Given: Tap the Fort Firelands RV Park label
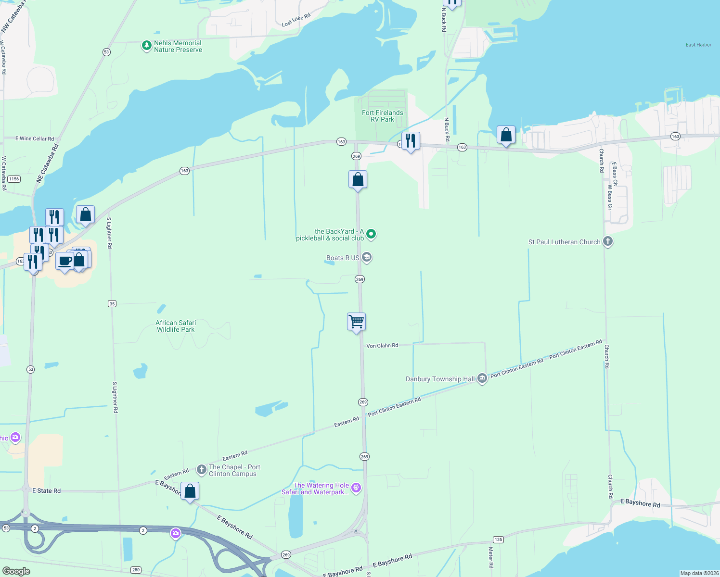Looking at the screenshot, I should (383, 116).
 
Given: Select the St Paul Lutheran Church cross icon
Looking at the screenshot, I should (608, 241).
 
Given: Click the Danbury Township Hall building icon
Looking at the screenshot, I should (482, 379).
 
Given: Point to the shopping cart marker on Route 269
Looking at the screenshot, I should (357, 322).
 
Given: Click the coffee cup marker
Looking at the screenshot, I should (65, 261).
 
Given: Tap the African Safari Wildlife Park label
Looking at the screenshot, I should (176, 326).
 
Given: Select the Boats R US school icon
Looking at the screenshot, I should (367, 258).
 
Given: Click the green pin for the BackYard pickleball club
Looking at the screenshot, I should (371, 234).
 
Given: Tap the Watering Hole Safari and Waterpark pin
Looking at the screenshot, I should (356, 488).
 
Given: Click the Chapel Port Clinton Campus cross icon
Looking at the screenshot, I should (202, 468).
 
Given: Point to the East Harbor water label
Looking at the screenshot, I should (698, 45).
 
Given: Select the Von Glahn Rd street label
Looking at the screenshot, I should (382, 346).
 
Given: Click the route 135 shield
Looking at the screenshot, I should (498, 539).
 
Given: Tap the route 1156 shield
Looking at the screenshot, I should (14, 179).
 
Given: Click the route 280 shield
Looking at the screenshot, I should (136, 570).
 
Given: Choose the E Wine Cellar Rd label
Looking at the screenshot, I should (35, 138).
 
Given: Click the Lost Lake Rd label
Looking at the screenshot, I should (296, 20).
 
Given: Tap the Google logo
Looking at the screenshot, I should (16, 571).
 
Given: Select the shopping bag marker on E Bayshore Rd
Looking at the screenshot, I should (190, 491).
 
